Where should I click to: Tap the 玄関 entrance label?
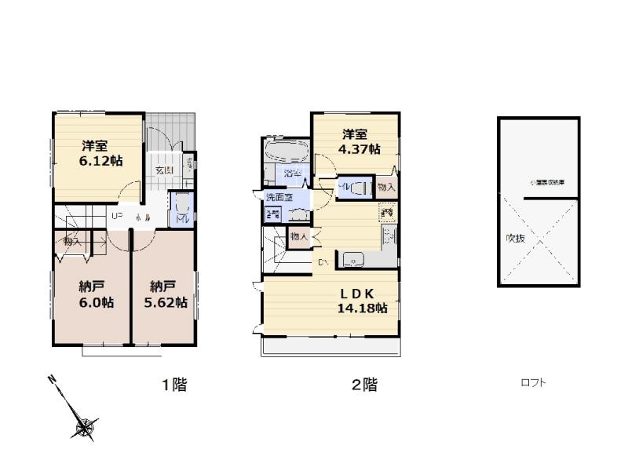[163, 171]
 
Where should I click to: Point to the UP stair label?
[116, 217]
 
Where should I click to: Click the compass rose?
[84, 426]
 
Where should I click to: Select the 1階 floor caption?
[174, 385]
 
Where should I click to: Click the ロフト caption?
[533, 383]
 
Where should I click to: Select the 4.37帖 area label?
[360, 148]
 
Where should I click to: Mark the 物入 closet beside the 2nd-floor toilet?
[386, 188]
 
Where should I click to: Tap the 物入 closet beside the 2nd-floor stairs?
[299, 235]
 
